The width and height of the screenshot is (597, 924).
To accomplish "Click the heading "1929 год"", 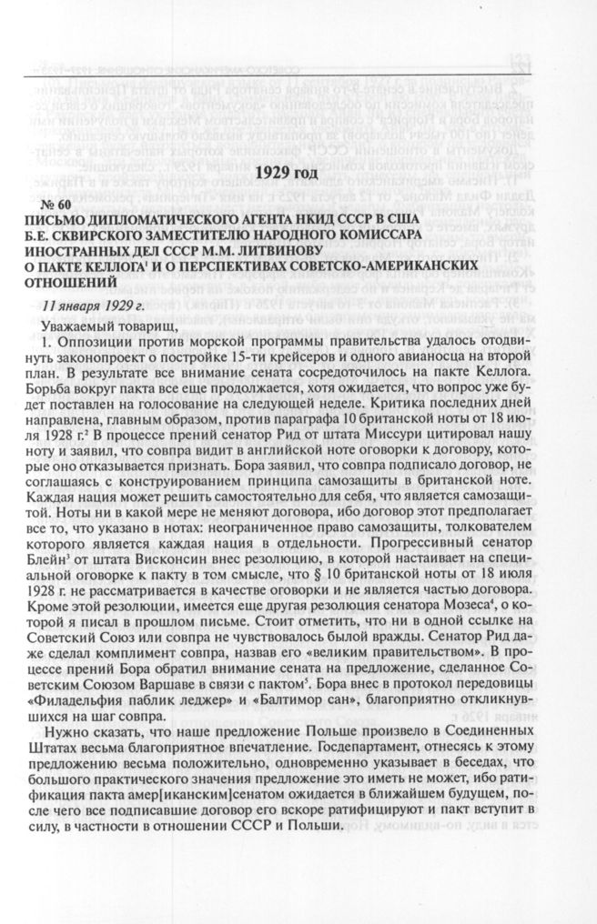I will tap(291, 173).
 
